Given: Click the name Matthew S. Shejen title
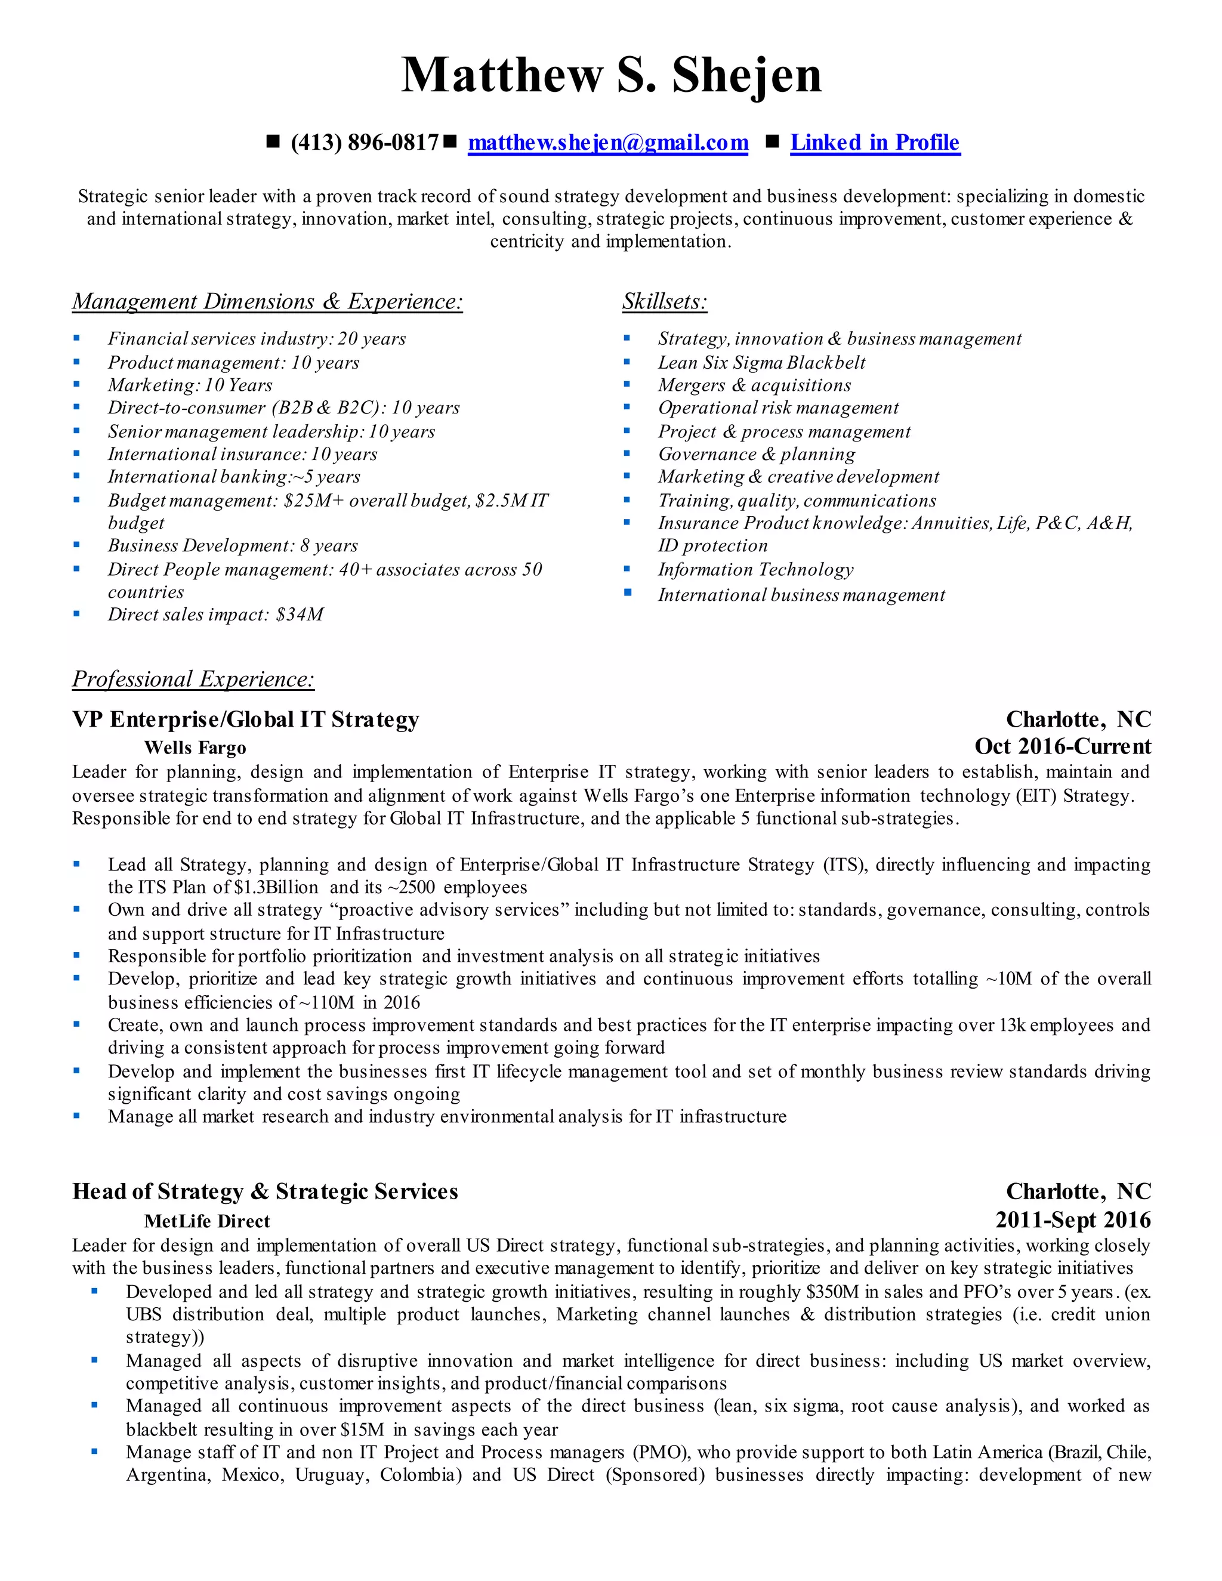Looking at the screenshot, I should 611,75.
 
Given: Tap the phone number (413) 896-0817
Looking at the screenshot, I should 364,143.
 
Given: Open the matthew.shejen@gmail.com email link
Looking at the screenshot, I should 608,143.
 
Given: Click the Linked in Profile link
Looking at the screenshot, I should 875,143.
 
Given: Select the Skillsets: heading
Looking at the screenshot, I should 665,302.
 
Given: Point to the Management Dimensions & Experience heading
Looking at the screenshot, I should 267,302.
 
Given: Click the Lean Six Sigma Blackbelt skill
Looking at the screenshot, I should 761,363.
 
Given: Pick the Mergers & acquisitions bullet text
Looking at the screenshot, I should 754,385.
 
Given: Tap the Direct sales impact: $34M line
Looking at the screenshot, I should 215,615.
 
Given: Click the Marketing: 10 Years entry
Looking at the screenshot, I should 190,385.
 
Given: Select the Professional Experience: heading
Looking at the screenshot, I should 193,679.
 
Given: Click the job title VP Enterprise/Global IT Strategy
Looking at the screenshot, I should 245,720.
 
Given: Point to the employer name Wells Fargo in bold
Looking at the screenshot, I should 195,748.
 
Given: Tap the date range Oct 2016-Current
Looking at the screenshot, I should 1062,746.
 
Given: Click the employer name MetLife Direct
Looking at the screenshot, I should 206,1221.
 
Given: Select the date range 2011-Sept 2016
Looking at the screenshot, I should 1072,1220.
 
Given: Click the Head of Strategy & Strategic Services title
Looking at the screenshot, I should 265,1192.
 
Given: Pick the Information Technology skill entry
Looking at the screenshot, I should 755,570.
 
